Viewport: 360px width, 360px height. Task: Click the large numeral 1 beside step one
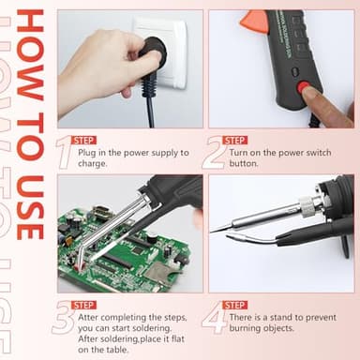click(63, 151)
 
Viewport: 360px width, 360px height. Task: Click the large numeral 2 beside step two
click(213, 151)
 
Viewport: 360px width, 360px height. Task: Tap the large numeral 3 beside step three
click(64, 318)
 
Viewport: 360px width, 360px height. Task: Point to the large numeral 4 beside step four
click(214, 318)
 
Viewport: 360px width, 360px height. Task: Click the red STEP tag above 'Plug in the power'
click(83, 140)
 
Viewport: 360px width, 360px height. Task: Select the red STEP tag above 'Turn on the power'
click(234, 140)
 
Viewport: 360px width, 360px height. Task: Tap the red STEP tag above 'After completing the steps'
click(83, 305)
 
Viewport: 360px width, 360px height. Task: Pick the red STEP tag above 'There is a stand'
click(234, 305)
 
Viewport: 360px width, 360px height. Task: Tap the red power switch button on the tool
click(305, 90)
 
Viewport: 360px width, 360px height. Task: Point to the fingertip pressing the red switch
click(323, 103)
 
